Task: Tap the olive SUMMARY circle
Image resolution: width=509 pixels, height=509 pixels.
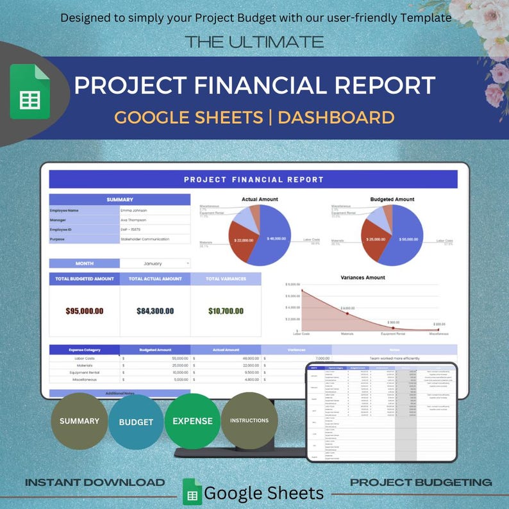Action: coord(79,421)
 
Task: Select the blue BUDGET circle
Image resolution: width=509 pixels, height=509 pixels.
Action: coord(136,422)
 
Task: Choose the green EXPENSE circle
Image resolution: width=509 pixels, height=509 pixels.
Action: coord(192,421)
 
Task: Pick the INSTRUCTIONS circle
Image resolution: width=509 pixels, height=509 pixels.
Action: coord(249,421)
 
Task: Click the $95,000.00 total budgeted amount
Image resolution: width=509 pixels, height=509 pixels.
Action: coord(84,311)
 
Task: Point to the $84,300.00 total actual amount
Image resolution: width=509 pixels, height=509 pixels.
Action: coord(155,311)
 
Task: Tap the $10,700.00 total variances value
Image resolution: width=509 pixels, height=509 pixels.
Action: coord(226,311)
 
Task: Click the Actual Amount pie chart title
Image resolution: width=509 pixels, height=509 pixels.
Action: coord(260,199)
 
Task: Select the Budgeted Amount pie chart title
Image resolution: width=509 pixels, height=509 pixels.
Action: coord(392,199)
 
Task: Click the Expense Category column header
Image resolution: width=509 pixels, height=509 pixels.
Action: coord(84,350)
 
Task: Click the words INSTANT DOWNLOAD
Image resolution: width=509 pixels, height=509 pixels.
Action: coord(95,482)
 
